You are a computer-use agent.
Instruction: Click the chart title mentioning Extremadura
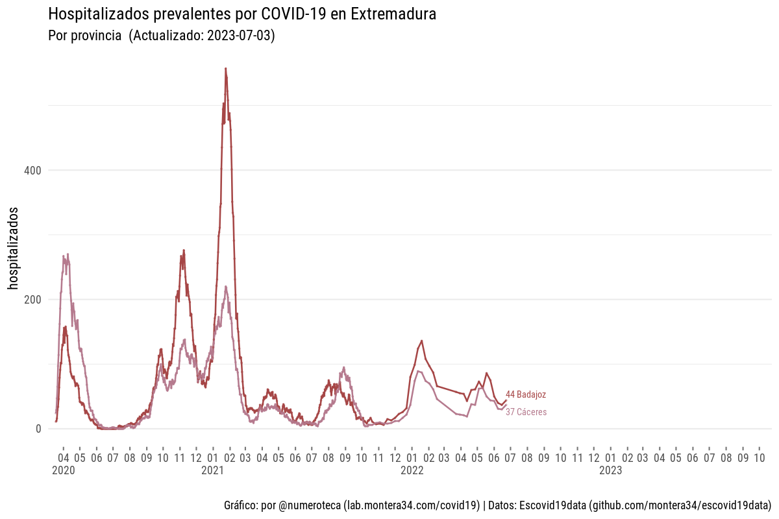pos(242,14)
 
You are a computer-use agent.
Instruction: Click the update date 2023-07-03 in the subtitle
pos(240,36)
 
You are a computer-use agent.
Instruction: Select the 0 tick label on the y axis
pos(38,429)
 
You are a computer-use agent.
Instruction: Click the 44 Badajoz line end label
pos(526,394)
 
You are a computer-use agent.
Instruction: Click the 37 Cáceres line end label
pos(526,412)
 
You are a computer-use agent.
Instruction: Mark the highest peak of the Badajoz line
pos(225,68)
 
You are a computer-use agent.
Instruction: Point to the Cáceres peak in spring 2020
pos(68,254)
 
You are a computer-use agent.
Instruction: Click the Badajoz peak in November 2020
pos(184,250)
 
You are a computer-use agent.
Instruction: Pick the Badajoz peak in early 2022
pos(422,341)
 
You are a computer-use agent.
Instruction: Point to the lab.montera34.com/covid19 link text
pos(412,505)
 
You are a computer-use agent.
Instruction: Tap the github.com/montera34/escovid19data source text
pos(680,505)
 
